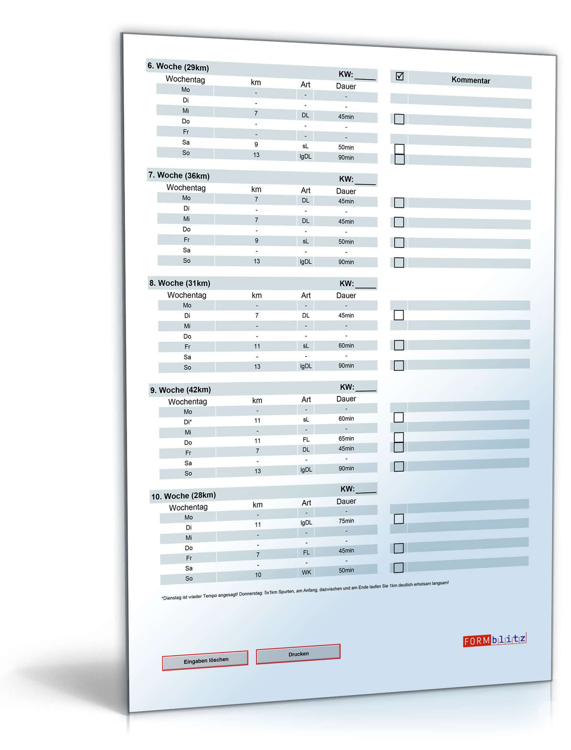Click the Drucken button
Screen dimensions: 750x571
click(x=298, y=654)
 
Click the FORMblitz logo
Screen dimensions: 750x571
click(x=494, y=640)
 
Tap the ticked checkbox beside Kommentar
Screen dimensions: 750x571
click(x=400, y=76)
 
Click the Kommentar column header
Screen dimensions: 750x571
click(x=470, y=80)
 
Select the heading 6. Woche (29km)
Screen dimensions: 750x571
click(x=178, y=67)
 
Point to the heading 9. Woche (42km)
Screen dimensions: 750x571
click(x=180, y=390)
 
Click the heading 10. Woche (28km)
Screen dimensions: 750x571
click(x=183, y=496)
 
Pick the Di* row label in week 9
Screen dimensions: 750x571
click(x=188, y=422)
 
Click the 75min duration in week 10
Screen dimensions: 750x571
click(x=346, y=521)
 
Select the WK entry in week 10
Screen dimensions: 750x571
click(x=306, y=572)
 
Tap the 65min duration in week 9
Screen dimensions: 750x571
click(x=346, y=439)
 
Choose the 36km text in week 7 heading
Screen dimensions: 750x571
click(x=197, y=176)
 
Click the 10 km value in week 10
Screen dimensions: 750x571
click(x=258, y=575)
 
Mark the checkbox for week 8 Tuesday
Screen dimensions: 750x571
click(x=399, y=315)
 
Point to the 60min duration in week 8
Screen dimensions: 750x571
click(x=346, y=346)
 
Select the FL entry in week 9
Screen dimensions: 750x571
click(x=306, y=440)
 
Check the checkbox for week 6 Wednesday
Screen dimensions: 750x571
click(x=399, y=119)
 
